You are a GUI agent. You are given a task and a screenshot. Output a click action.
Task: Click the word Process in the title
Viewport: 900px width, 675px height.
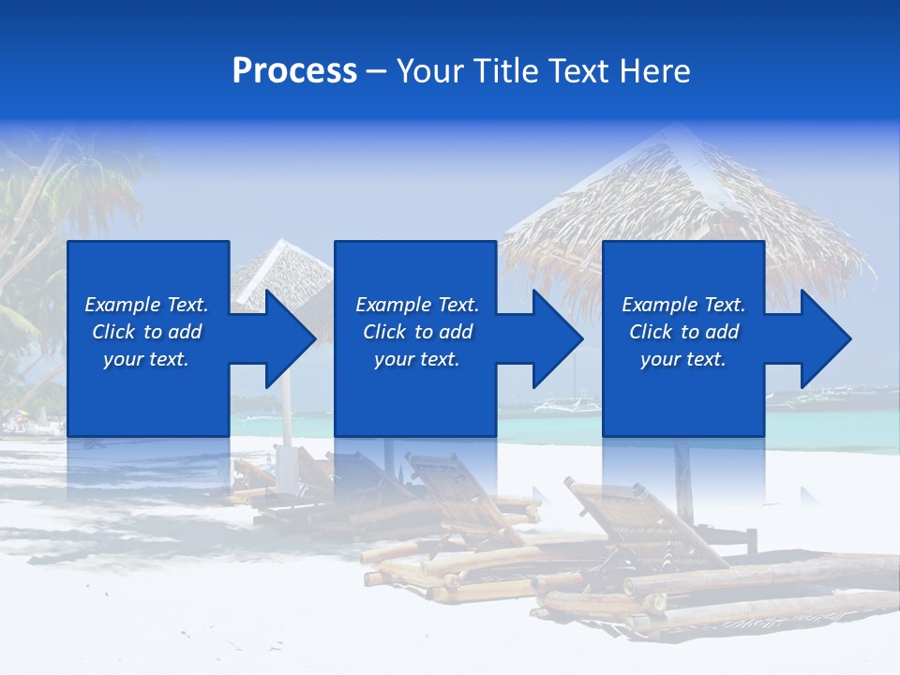coord(294,71)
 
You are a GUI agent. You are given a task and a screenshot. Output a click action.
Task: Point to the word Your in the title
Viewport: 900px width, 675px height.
coord(430,71)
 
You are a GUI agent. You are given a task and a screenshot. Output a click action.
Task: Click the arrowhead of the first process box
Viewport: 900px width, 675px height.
coord(287,338)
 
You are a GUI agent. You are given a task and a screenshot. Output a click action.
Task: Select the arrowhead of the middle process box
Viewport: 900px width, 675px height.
coord(555,338)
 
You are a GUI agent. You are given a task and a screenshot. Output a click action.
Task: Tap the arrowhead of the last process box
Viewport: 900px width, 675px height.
coord(823,338)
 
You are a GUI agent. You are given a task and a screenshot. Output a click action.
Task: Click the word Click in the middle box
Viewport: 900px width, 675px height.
coord(383,332)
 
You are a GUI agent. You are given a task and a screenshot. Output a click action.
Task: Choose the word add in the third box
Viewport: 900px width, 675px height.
coord(722,332)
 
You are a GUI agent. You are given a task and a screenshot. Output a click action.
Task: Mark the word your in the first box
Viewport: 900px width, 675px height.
coord(122,359)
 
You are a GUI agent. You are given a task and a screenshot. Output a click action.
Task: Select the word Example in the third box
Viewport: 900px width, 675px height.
coord(660,305)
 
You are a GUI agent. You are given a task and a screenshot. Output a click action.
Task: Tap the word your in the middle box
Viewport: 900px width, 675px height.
coord(393,359)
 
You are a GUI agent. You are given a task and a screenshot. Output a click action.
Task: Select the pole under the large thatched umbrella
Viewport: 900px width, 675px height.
coord(682,478)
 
